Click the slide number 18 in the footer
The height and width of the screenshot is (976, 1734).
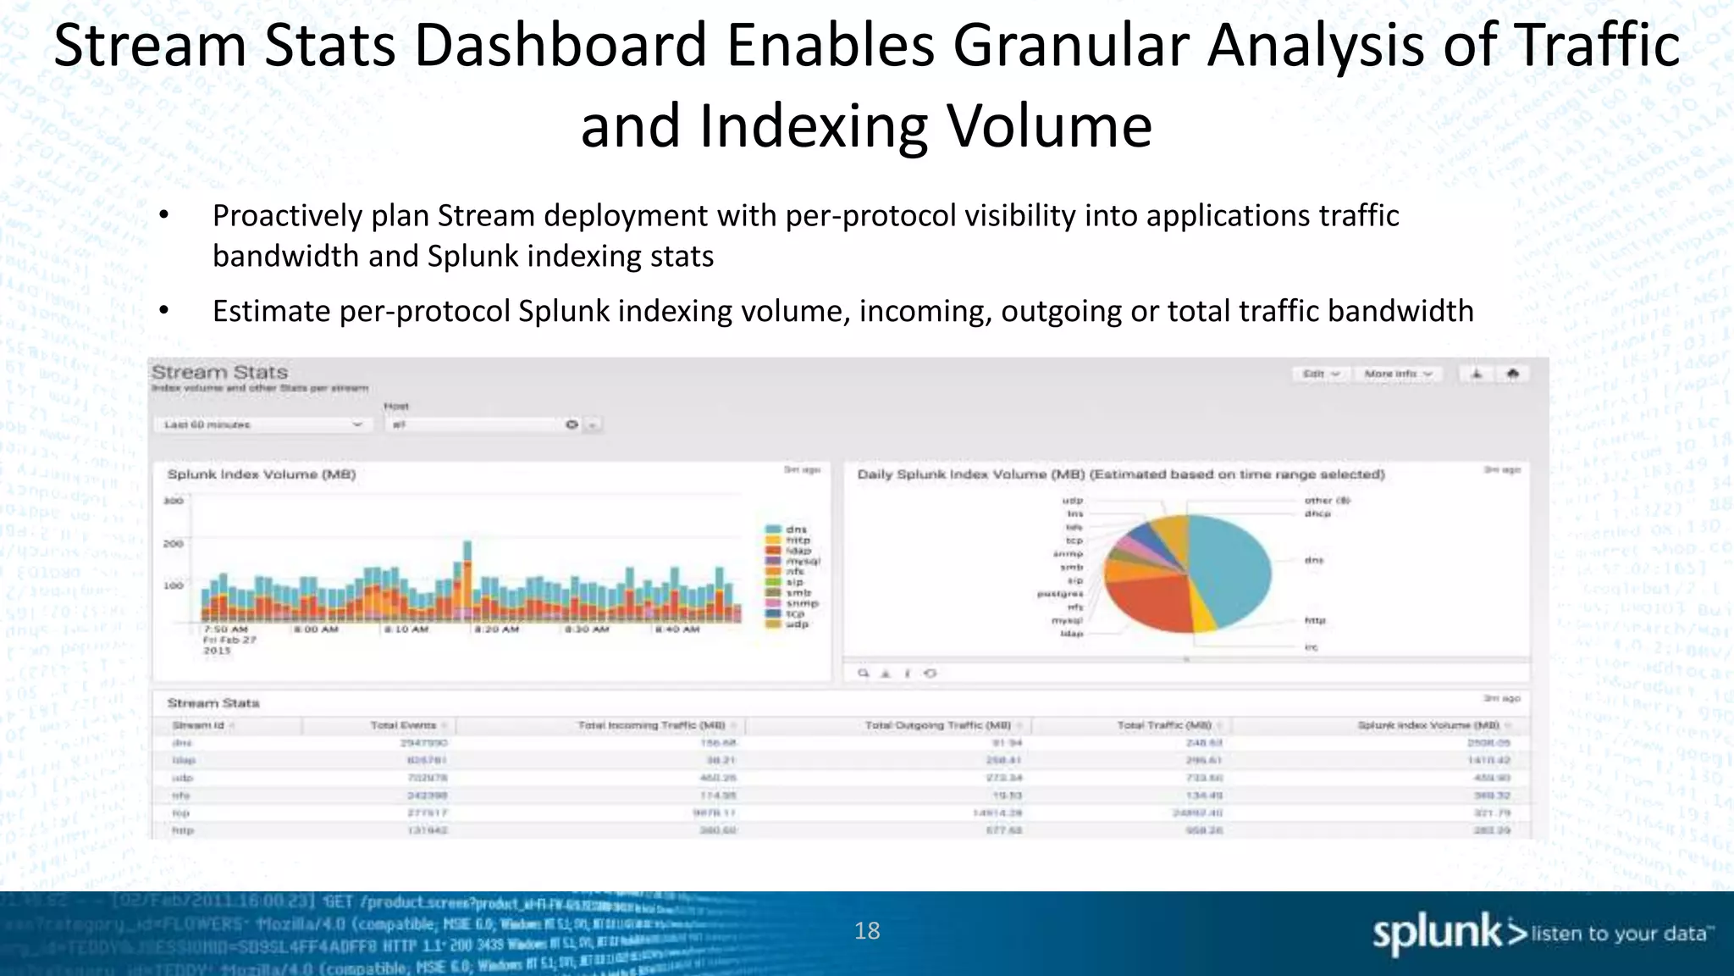click(867, 931)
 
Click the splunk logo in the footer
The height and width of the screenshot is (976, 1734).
click(1448, 934)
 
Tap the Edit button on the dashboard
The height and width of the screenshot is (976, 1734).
click(1319, 374)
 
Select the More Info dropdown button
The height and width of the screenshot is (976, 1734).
click(1398, 374)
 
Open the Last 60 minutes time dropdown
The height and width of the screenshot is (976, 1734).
click(261, 424)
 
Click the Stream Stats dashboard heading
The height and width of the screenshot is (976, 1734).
click(219, 372)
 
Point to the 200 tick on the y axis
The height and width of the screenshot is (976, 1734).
click(173, 543)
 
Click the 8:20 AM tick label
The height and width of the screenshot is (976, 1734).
click(496, 629)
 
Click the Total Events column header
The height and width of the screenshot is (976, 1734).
click(404, 725)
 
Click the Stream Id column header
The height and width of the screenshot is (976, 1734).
click(198, 725)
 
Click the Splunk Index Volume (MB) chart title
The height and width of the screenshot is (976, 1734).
click(261, 474)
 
